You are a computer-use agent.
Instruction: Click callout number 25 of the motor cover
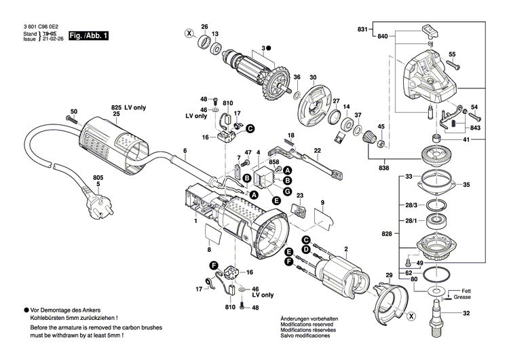coord(116,114)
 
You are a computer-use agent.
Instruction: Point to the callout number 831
coord(362,29)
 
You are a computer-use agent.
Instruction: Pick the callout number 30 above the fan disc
coord(314,77)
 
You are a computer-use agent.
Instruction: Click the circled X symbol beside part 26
coord(189,33)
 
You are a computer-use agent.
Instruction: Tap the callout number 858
coord(274,163)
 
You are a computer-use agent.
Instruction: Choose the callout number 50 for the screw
coord(74,111)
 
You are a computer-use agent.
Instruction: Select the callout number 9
coord(322,202)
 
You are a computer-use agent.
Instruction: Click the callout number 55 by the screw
coord(453,54)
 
